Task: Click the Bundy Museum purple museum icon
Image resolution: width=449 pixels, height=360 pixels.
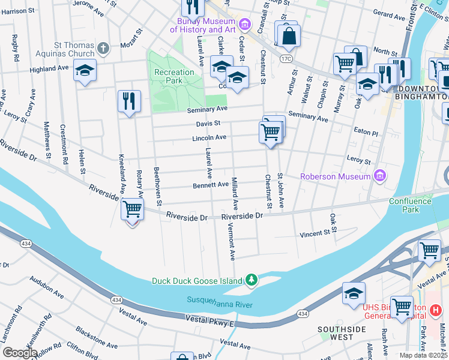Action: click(244, 24)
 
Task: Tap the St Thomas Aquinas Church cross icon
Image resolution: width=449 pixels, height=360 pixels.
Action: click(103, 48)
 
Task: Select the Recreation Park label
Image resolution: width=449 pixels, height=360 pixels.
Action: click(174, 76)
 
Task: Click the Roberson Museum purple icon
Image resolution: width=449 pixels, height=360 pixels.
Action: click(379, 176)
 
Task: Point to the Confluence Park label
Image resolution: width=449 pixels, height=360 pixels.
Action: click(410, 206)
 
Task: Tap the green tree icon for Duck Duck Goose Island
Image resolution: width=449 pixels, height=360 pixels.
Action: click(252, 280)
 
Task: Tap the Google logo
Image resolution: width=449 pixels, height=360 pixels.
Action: click(19, 353)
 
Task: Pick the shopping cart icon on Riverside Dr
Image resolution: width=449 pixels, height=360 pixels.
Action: click(132, 211)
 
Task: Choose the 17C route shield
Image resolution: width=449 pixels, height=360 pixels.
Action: click(286, 59)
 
